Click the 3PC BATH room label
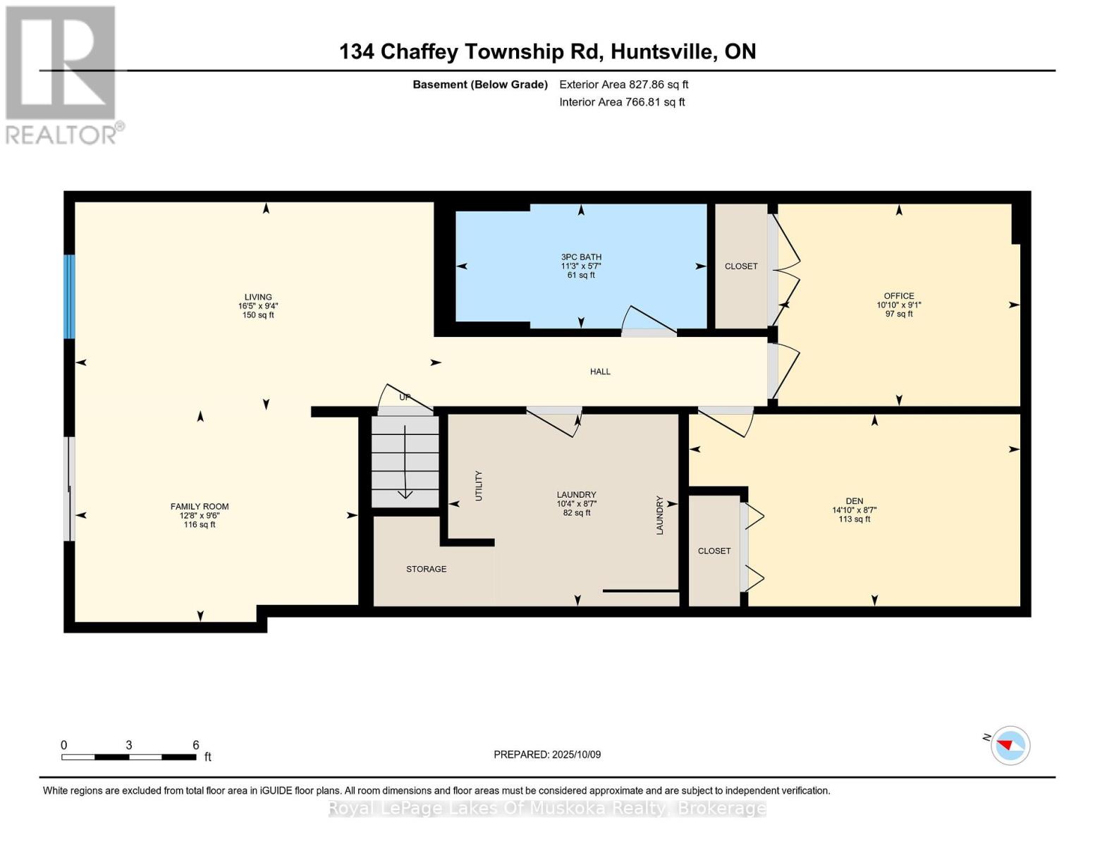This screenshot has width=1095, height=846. pos(581,257)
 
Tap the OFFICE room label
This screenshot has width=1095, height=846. pos(898,296)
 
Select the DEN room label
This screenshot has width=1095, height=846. pos(855,501)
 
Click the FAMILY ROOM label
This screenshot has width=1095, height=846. pos(200,507)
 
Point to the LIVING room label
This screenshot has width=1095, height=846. pos(258,298)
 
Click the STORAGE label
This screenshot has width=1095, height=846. pos(426,569)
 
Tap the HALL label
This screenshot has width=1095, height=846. pos(600,372)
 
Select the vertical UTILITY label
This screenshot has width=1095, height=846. pos(479,486)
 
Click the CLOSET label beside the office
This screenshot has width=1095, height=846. pos(741,266)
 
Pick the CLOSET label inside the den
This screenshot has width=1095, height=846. pos(714,551)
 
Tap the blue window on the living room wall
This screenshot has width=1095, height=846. pos(69,296)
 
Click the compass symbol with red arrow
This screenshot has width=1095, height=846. pos(1010,745)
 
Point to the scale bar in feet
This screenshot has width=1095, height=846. pos(129,756)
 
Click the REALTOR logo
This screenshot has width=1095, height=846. pos(61,74)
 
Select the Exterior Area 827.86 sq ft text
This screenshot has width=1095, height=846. pos(623,85)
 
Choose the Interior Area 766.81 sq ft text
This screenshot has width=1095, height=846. pos(622,102)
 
